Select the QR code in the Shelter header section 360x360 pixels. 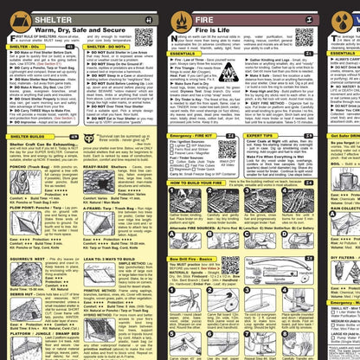tap(144, 37)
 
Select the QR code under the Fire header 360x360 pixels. tap(304, 37)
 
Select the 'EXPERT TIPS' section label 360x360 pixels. tap(260, 136)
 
